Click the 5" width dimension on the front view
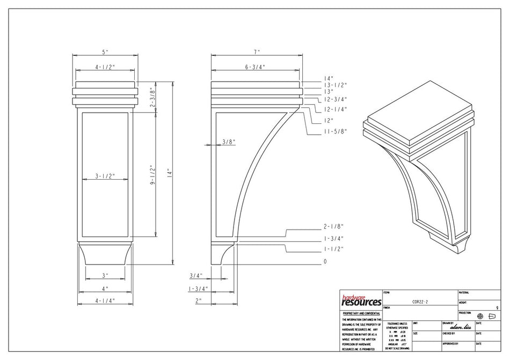106,52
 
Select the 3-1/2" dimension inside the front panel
105,175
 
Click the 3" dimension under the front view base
105,275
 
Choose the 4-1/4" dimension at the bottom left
105,301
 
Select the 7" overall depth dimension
257,52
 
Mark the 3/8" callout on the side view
228,142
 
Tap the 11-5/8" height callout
335,131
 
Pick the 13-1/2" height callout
336,85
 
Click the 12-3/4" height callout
336,99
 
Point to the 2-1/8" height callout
333,226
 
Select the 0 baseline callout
325,262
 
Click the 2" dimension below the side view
199,301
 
